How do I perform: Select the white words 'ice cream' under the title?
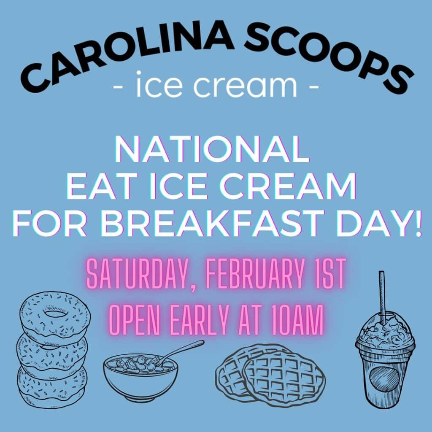[x=216, y=84]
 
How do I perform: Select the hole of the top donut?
[x=55, y=313]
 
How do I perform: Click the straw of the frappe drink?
[x=382, y=297]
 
